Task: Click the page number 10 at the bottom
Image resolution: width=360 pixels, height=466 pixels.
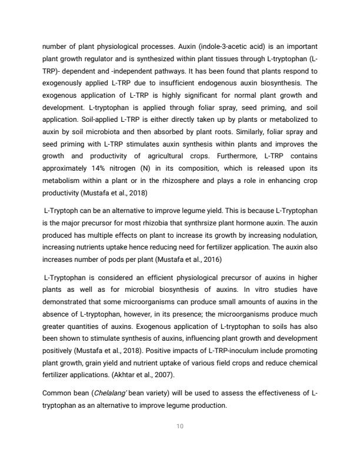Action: [x=180, y=427]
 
